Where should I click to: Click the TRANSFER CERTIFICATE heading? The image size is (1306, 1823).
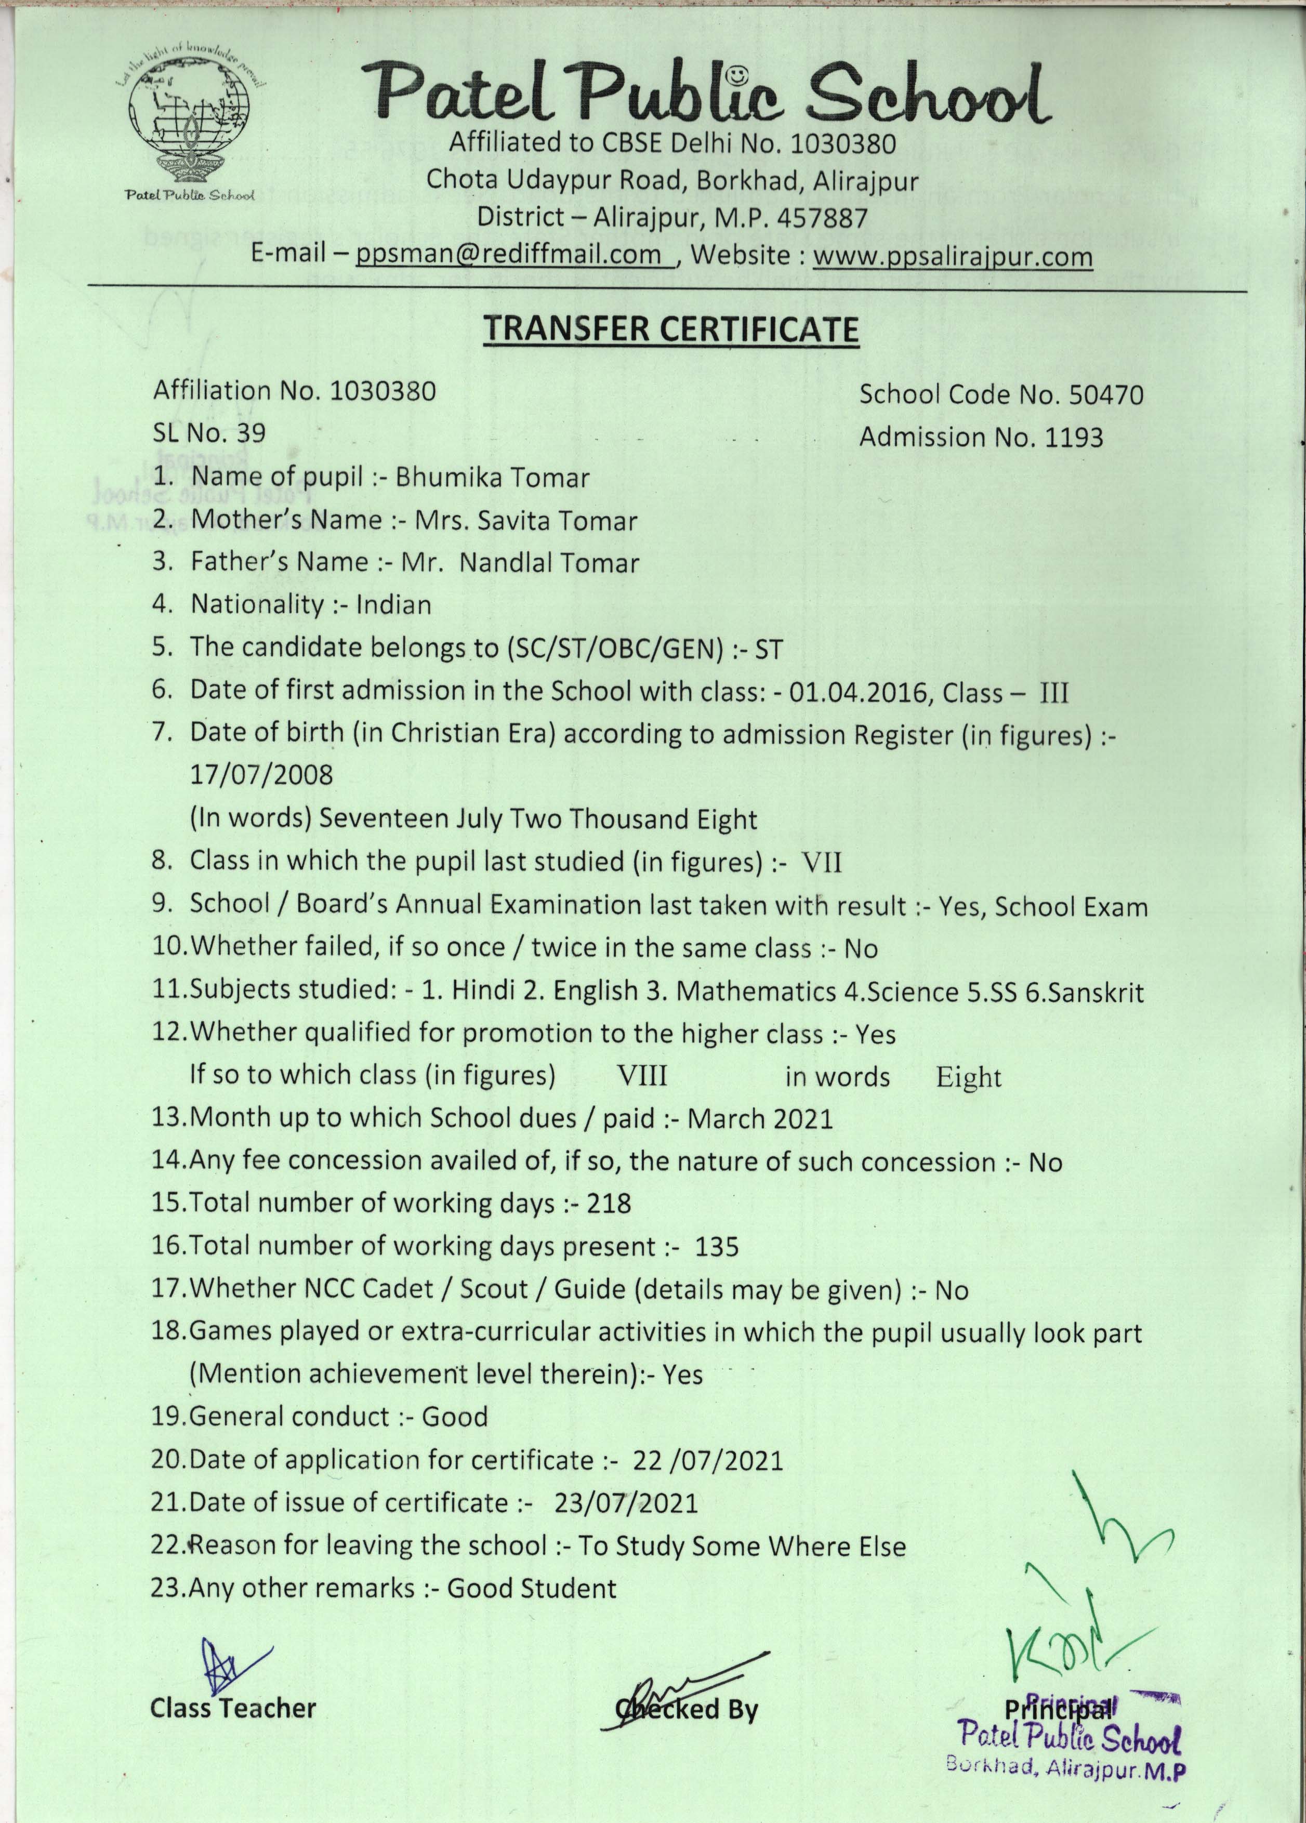coord(670,331)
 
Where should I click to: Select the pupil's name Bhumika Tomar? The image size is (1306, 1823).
coord(493,478)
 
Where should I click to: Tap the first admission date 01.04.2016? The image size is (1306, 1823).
coord(861,692)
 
